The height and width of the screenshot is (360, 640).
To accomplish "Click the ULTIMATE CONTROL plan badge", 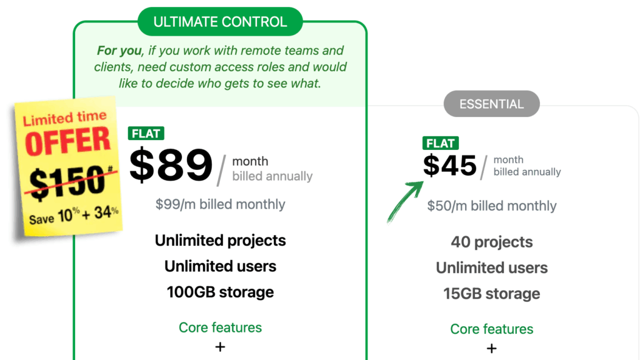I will pyautogui.click(x=220, y=22).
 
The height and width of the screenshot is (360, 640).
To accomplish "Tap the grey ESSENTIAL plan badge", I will pyautogui.click(x=491, y=104).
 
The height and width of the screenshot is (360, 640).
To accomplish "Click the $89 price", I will pyautogui.click(x=171, y=165).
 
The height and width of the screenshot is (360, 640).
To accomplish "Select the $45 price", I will pyautogui.click(x=449, y=166).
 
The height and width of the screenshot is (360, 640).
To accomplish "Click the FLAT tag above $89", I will pyautogui.click(x=146, y=134).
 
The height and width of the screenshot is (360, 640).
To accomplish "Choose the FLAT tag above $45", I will pyautogui.click(x=441, y=143).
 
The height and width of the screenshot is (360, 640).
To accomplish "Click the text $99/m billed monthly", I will pyautogui.click(x=220, y=204).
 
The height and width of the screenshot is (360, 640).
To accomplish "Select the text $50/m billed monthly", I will pyautogui.click(x=492, y=206).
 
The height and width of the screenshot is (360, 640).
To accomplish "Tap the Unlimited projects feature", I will pyautogui.click(x=220, y=241).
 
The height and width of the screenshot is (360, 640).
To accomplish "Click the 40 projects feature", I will pyautogui.click(x=492, y=242).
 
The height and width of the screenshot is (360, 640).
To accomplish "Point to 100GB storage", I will pyautogui.click(x=220, y=292).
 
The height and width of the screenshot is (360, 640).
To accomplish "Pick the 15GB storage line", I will pyautogui.click(x=492, y=294).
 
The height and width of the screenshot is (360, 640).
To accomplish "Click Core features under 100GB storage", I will pyautogui.click(x=220, y=327).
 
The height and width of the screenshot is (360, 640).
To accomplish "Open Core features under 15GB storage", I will pyautogui.click(x=492, y=329).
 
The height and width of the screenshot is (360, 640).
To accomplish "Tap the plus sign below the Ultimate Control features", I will pyautogui.click(x=220, y=347).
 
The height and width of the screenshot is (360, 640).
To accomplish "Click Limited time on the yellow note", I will pyautogui.click(x=65, y=117).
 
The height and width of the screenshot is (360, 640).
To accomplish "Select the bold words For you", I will pyautogui.click(x=119, y=51).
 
